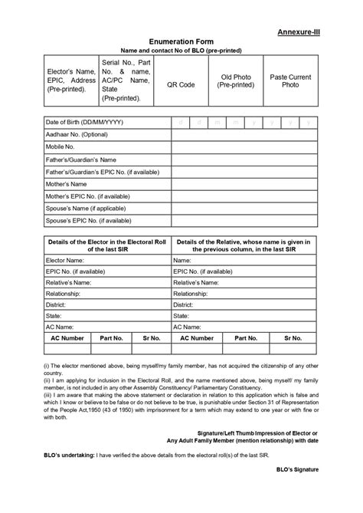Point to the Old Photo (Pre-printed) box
click(x=236, y=82)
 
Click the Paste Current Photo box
click(x=290, y=82)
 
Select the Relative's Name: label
click(x=70, y=282)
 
